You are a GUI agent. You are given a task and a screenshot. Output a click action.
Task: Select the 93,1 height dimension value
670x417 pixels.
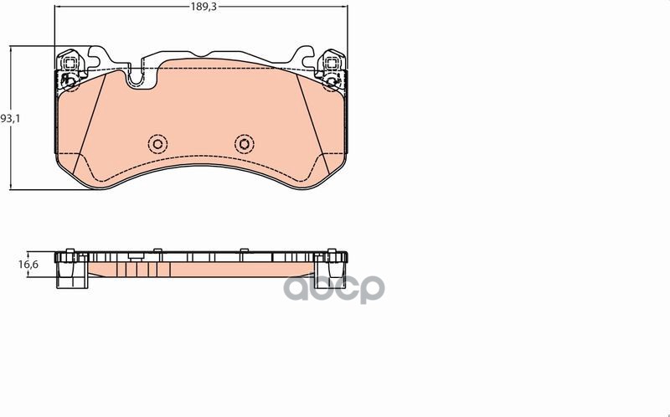[9, 119]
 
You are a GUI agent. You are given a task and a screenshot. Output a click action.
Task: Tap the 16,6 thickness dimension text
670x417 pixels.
[28, 265]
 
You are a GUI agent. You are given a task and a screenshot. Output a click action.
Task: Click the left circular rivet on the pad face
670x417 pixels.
[157, 142]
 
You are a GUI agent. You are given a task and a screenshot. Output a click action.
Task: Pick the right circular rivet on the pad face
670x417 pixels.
[243, 142]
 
